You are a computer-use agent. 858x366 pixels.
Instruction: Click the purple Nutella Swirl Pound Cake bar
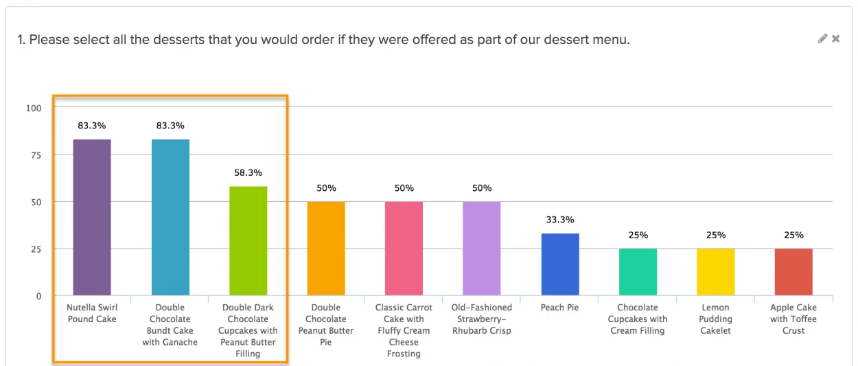coord(92,217)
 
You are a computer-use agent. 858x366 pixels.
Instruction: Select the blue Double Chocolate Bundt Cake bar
coord(170,217)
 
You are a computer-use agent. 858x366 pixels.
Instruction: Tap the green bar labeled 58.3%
coord(248,240)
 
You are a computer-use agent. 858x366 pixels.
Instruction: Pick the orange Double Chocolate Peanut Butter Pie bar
coord(326,249)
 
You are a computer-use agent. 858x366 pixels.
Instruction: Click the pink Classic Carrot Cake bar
coord(404,249)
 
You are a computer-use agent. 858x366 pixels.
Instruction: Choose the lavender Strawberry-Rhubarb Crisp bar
coord(482,249)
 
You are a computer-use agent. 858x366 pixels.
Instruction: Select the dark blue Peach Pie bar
coord(560,264)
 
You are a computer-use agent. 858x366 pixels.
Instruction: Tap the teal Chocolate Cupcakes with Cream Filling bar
coord(638,272)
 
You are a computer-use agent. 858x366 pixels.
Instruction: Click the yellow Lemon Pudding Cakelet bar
coord(716,272)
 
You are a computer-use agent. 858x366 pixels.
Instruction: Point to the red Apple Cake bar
coord(793,272)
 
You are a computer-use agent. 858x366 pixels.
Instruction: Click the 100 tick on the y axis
coord(34,108)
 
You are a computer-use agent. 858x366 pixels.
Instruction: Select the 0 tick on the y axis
coord(39,296)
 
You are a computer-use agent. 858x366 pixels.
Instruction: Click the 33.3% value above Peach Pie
coord(560,220)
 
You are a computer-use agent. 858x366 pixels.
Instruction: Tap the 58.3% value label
coord(248,172)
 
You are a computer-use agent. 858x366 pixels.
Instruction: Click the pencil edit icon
coord(822,39)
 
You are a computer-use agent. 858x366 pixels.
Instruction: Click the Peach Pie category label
coord(560,308)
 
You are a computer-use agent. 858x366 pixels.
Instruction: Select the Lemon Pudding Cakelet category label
coord(716,319)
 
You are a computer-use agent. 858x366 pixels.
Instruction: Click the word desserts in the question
coord(162,40)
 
